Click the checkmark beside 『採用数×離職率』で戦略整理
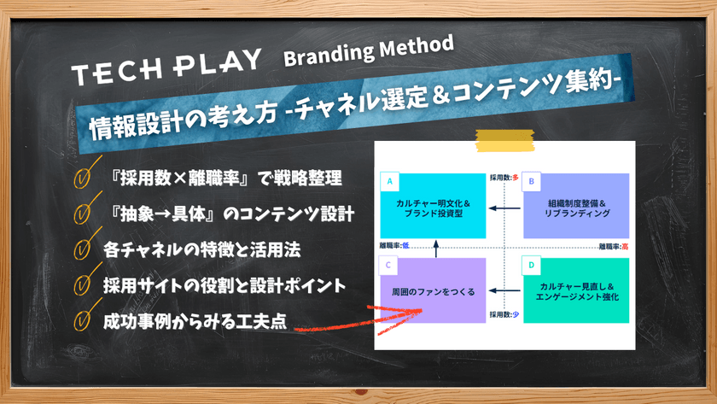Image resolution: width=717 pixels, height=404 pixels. pyautogui.click(x=84, y=179)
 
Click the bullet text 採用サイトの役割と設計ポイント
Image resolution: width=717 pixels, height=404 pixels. pyautogui.click(x=224, y=285)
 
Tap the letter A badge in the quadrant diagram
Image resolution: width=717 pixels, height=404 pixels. pyautogui.click(x=389, y=182)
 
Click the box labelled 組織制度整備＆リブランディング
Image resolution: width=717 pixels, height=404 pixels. pyautogui.click(x=579, y=207)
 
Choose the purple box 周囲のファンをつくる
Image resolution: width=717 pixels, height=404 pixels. pyautogui.click(x=435, y=290)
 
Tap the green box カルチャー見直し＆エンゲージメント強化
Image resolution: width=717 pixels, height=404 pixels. pyautogui.click(x=579, y=292)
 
